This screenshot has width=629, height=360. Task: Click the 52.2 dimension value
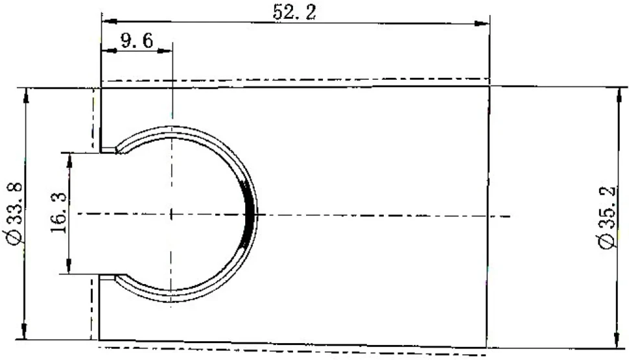click(294, 12)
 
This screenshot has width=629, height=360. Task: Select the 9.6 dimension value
click(137, 40)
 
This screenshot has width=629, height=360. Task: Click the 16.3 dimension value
click(59, 213)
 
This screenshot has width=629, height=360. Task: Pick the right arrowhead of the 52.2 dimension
click(482, 23)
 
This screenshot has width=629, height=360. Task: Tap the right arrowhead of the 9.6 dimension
click(165, 51)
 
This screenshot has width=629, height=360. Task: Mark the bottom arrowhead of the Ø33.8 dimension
click(25, 331)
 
